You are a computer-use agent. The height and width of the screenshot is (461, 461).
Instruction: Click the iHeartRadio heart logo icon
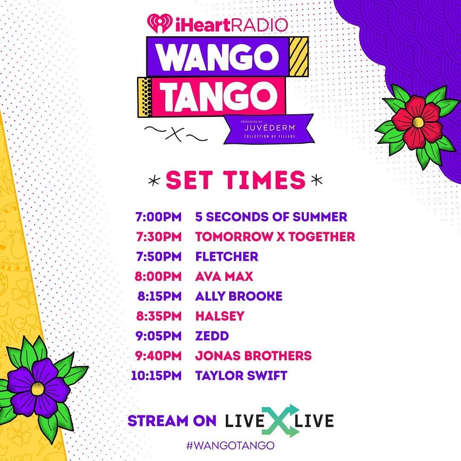[160, 23]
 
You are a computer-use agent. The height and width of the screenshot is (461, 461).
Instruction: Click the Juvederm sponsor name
[270, 128]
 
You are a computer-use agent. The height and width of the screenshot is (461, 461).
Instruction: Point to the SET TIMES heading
[236, 180]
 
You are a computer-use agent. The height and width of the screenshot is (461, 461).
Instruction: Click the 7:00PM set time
[158, 217]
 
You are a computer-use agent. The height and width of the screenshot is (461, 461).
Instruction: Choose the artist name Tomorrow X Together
[275, 236]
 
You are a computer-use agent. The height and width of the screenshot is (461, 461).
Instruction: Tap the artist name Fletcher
[227, 257]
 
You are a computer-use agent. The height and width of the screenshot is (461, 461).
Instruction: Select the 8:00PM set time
[158, 276]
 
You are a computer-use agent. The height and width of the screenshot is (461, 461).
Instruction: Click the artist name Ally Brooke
[239, 296]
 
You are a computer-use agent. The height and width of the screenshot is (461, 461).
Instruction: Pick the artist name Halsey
[220, 316]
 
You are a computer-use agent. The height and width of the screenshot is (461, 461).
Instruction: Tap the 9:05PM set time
[158, 336]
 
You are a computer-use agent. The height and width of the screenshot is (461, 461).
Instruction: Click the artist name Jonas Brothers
[254, 356]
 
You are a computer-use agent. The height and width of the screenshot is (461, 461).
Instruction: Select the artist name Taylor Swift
[241, 376]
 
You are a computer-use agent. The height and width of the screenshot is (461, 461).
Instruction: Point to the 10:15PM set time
[156, 376]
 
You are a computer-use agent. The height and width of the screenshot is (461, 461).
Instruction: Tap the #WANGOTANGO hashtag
[230, 445]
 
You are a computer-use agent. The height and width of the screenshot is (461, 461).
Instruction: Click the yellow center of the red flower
[418, 122]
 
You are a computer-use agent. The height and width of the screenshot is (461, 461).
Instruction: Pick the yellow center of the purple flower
[38, 389]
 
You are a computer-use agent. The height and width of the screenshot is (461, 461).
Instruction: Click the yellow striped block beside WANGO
[299, 57]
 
